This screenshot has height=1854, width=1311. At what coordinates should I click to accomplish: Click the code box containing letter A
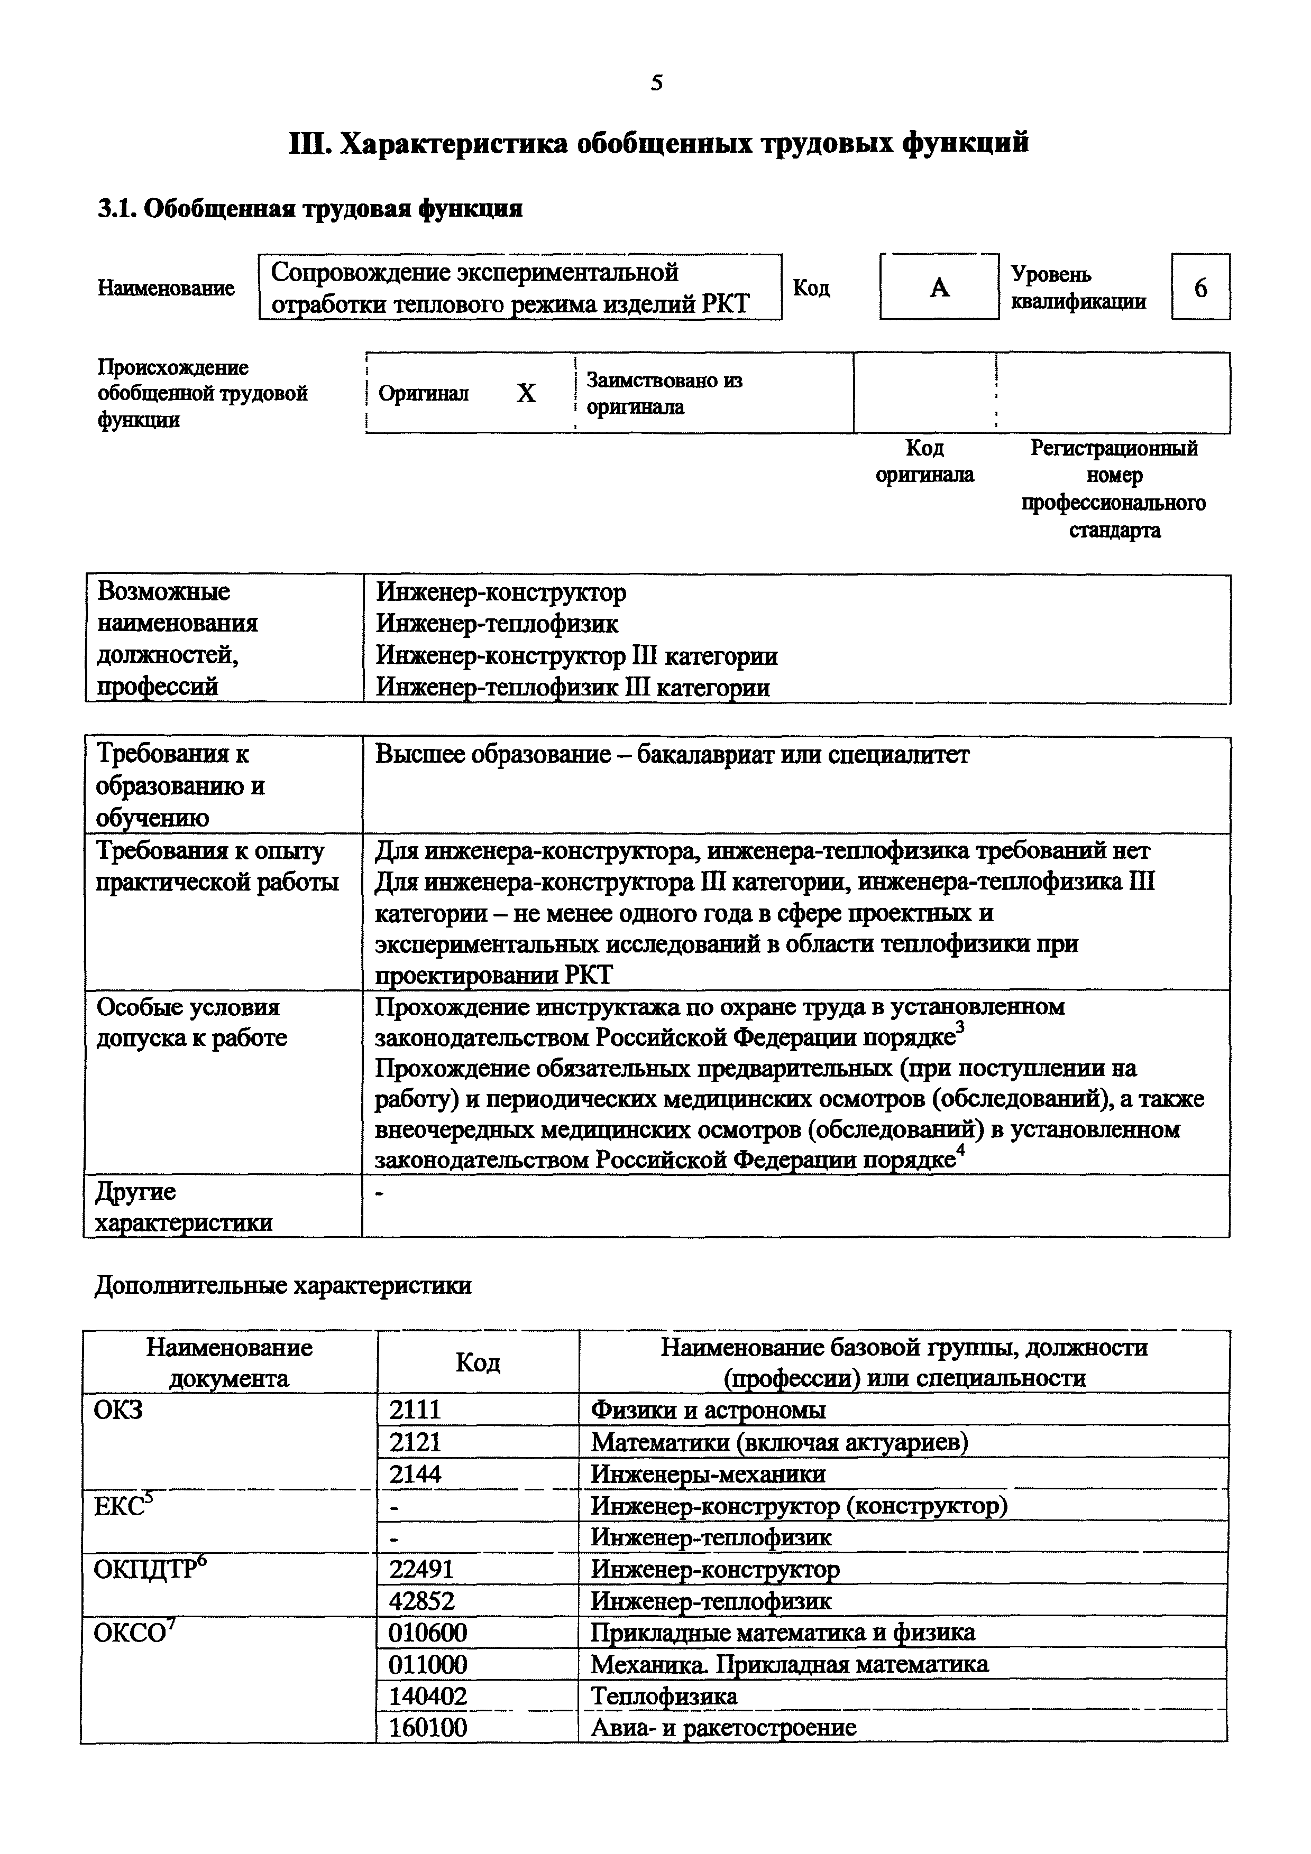coord(939,286)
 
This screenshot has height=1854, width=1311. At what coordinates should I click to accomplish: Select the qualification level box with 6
coord(1200,286)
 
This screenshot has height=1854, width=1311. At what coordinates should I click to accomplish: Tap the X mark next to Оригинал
coord(526,393)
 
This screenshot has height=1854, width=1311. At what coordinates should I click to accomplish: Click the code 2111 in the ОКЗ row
coord(415,1410)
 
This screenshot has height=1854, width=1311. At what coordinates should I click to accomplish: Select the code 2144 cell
coord(415,1473)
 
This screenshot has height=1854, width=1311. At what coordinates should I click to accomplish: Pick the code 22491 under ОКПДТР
coord(421,1569)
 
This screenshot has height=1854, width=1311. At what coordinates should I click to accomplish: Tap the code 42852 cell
coord(421,1600)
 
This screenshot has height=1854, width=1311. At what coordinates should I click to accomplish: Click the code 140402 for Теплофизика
coord(428,1696)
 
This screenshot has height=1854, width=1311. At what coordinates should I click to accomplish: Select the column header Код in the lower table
coord(478,1363)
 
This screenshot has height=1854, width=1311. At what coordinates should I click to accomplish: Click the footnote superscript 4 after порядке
coord(960,1152)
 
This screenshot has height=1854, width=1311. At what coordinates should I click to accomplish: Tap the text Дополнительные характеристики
coord(283,1285)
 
